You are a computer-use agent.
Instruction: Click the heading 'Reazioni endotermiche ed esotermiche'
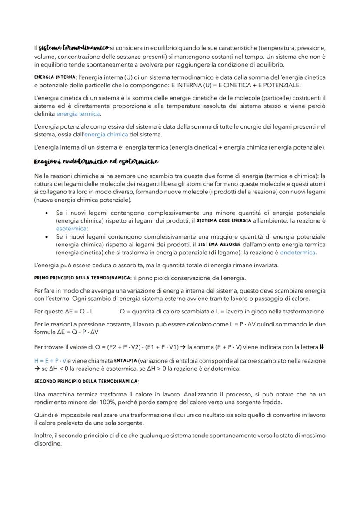click(x=96, y=162)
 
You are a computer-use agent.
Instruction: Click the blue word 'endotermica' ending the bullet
click(x=298, y=252)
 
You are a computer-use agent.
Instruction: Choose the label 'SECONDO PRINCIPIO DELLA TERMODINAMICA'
click(x=86, y=381)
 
